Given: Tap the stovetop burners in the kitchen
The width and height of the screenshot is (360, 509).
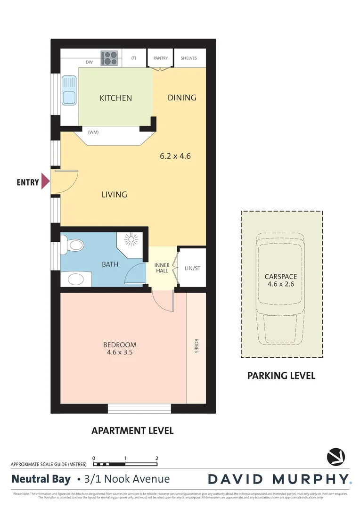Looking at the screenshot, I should tap(109, 58).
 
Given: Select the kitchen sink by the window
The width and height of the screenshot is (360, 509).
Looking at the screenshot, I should tap(70, 91).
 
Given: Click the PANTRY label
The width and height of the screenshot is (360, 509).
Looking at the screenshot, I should tap(161, 58).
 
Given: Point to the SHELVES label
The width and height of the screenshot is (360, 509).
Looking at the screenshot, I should tap(188, 58).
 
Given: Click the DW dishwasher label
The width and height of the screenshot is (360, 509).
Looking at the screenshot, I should tap(89, 62).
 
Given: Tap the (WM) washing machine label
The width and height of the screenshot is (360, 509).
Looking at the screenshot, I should tap(93, 132).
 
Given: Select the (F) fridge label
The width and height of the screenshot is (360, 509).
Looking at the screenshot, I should tap(133, 58).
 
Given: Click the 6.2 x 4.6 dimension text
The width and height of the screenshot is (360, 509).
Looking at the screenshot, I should tap(175, 156).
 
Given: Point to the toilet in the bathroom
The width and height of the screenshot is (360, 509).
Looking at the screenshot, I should tap(74, 245).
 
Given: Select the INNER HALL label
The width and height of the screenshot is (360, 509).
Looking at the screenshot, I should tap(162, 268).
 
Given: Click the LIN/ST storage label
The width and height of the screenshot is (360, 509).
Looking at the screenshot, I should tap(192, 268).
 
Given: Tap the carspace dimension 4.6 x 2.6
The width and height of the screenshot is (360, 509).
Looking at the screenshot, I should tap(280, 284).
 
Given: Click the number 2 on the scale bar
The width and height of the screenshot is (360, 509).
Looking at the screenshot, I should tap(156, 458).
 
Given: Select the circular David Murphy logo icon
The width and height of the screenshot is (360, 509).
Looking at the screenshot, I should tap(335, 456).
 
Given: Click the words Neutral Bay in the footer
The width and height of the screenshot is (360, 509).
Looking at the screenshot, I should tap(41, 479).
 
